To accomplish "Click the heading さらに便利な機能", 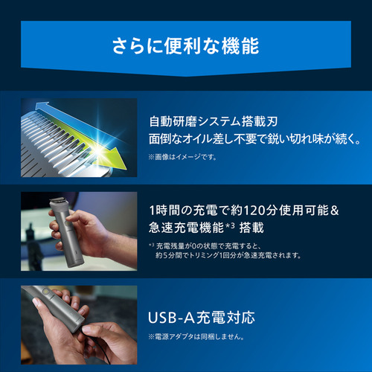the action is click(186, 46).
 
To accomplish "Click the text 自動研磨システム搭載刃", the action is click(214, 121).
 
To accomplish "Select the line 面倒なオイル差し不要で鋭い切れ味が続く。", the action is click(254, 138).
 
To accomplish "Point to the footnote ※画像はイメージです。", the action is click(183, 157).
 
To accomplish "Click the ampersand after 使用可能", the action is click(335, 211).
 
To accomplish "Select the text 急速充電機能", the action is click(186, 228).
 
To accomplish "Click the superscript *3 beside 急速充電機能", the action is click(230, 225).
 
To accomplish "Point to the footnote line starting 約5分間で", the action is click(228, 255).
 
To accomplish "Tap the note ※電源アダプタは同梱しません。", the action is click(196, 336).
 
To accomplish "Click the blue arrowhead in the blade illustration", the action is click(41, 107).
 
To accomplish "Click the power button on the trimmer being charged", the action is click(45, 291).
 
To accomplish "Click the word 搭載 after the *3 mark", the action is click(251, 228).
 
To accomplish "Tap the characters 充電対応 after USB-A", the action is click(226, 318).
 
